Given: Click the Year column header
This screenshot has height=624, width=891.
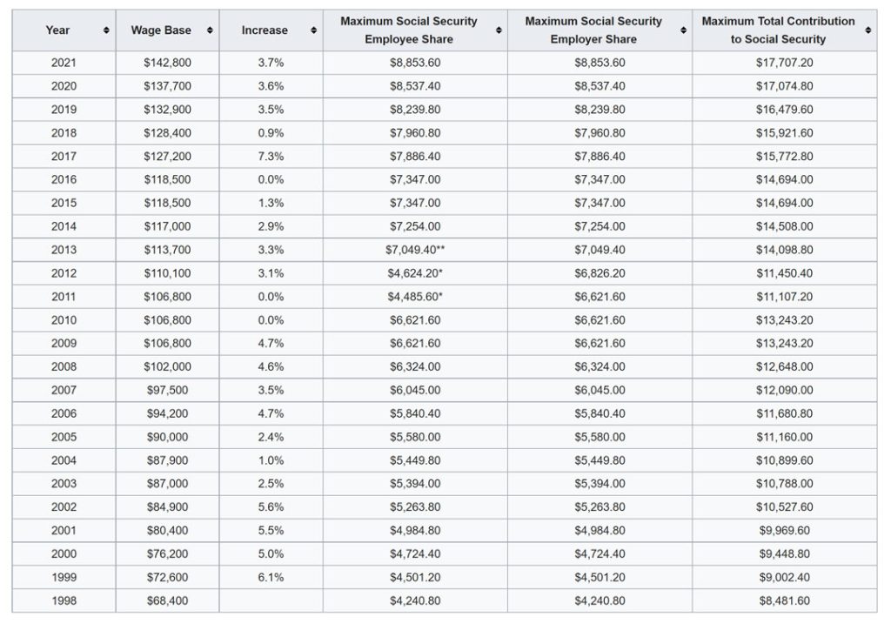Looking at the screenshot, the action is coord(57,30).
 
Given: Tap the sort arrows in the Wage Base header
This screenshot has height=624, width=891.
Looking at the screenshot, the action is coord(210,30).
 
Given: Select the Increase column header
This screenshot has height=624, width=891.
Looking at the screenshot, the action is coord(265,30).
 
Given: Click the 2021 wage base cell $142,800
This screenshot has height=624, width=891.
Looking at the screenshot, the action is coord(167,63).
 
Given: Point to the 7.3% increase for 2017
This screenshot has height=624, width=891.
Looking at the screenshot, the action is coord(271,157).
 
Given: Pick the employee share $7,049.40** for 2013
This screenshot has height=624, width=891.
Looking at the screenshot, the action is coord(415,250).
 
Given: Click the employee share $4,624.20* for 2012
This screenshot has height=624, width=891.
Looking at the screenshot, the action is coord(415,272).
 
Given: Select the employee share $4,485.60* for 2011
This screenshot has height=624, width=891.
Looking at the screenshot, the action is coord(415,296).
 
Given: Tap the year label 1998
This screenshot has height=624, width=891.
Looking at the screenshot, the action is coord(64,601).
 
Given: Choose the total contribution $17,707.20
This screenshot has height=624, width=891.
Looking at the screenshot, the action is coord(784,63).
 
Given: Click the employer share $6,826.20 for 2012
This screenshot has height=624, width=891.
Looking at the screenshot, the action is coord(600,272).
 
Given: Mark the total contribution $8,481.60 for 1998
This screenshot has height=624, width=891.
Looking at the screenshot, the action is coord(784,601).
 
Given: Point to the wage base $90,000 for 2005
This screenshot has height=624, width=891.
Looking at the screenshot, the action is coord(167,437).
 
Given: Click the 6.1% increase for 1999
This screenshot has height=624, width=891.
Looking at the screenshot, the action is coord(271,577).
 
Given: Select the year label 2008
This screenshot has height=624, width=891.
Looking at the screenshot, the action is coord(64,366).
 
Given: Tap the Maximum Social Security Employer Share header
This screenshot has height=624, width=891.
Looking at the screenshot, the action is coord(593,30).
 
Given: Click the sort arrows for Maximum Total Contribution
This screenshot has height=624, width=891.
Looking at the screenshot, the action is coord(868,30).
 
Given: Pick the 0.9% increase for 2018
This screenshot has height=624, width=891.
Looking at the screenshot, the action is coord(271,133).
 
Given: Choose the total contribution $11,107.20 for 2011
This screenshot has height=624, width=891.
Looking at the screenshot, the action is coord(784,296).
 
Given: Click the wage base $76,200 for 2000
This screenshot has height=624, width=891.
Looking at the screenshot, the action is coord(167,554).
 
